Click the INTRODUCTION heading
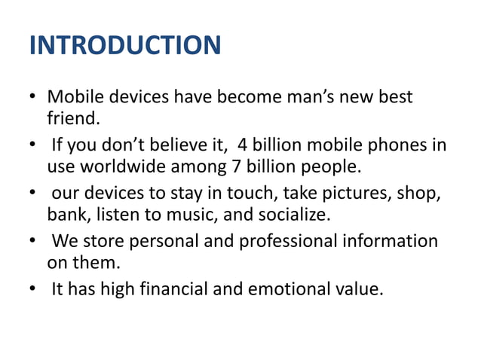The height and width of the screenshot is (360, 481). (124, 45)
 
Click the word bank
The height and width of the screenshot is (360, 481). (67, 215)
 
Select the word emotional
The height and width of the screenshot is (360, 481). (289, 290)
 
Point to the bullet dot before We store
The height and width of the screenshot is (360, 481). (33, 243)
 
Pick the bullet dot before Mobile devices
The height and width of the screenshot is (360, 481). (33, 99)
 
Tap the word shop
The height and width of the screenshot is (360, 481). (425, 194)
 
